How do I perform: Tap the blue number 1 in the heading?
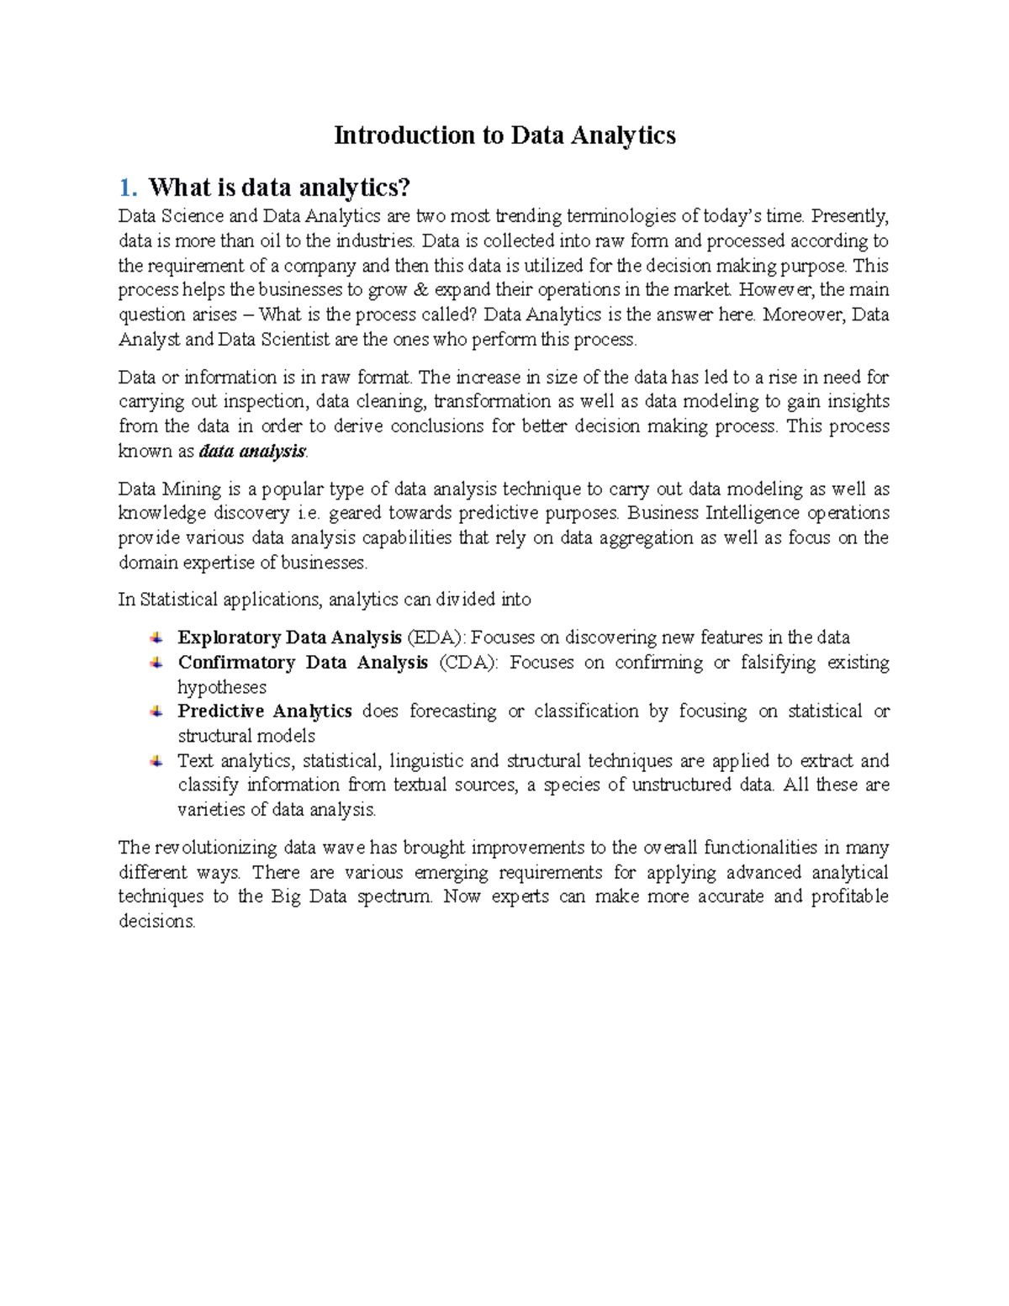pyautogui.click(x=126, y=187)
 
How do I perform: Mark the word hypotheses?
pyautogui.click(x=222, y=687)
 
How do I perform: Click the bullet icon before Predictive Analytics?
pyautogui.click(x=156, y=711)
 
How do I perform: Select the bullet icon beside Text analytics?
pyautogui.click(x=156, y=761)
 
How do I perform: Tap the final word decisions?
pyautogui.click(x=156, y=922)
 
